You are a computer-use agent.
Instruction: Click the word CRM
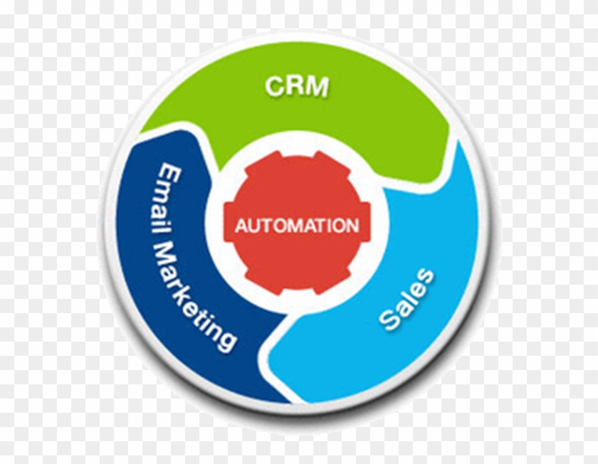(x=297, y=86)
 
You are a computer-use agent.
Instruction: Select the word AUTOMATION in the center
(x=297, y=226)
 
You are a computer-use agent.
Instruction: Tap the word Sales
(x=406, y=299)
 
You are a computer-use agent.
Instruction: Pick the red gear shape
(x=297, y=263)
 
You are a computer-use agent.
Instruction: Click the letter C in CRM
(x=274, y=86)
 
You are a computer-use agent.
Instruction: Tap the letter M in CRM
(x=318, y=86)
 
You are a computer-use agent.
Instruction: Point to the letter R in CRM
(x=295, y=86)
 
